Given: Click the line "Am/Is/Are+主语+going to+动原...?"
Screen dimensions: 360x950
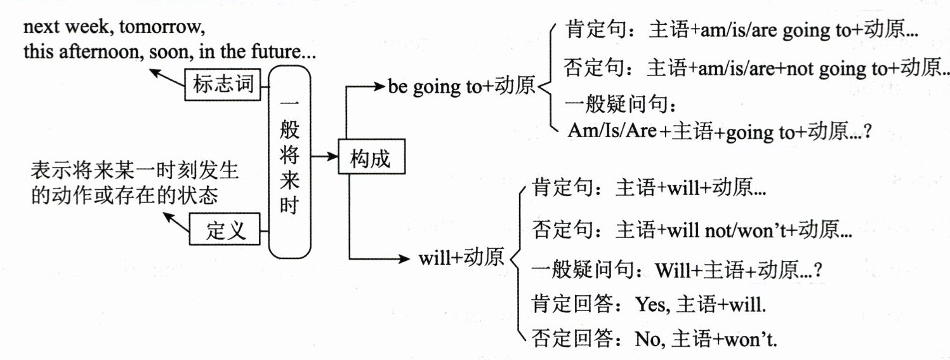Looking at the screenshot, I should pyautogui.click(x=717, y=132).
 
